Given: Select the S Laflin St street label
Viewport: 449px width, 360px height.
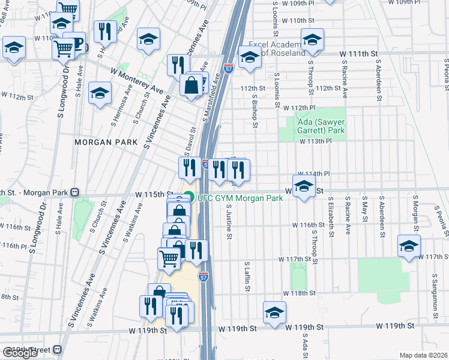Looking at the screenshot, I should pyautogui.click(x=247, y=277).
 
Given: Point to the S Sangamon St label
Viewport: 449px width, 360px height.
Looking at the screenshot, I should pyautogui.click(x=434, y=295).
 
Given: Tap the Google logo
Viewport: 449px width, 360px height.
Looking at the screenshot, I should pyautogui.click(x=20, y=353).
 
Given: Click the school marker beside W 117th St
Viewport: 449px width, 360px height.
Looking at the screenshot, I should pyautogui.click(x=409, y=247).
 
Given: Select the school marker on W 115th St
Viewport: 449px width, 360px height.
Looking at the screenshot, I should pyautogui.click(x=304, y=187).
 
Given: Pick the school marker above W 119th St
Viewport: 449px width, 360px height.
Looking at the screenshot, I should pyautogui.click(x=274, y=313).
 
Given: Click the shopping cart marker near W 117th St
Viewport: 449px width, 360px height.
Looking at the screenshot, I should pyautogui.click(x=169, y=259).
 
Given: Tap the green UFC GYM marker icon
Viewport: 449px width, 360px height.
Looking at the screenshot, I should pyautogui.click(x=188, y=197).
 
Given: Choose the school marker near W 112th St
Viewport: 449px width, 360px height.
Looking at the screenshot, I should pyautogui.click(x=100, y=93).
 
